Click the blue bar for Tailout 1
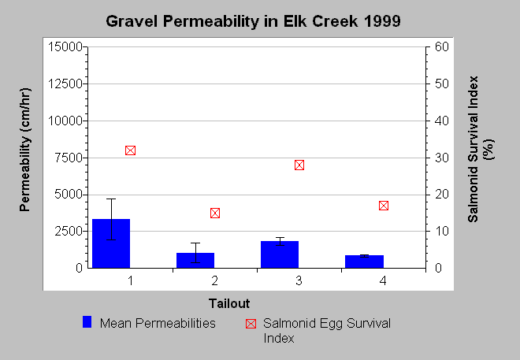pos(111,243)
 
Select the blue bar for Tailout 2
pos(195,260)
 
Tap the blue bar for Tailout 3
pos(280,254)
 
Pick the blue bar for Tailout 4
pos(364,262)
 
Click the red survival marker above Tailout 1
pos(130,150)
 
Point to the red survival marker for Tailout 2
pos(215,213)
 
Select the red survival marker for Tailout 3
pos(299,165)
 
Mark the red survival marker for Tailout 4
pos(384,206)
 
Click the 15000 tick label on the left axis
pos(65,46)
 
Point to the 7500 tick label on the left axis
pos(69,158)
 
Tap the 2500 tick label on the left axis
pos(69,231)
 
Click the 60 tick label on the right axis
pos(442,46)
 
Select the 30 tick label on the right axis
pos(442,158)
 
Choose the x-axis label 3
pos(299,280)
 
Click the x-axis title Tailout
pos(229,303)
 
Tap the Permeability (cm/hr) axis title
pos(25,150)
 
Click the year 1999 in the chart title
pos(382,21)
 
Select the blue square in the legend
pos(87,322)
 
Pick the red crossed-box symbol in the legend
pos(251,324)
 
